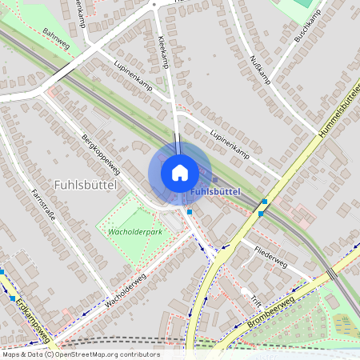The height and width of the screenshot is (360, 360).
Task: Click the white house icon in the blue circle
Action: click(x=180, y=173)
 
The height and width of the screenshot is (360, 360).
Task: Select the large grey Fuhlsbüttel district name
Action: click(x=86, y=184)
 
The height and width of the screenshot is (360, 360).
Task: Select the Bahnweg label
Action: click(x=58, y=39)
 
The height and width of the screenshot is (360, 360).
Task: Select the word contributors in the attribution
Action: click(x=141, y=354)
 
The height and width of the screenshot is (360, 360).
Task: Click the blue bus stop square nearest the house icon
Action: click(x=190, y=212)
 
